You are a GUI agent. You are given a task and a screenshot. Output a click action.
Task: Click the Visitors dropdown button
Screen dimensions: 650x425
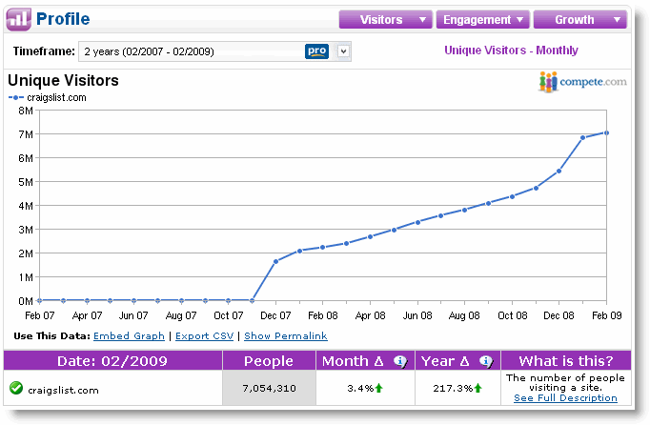coord(386,19)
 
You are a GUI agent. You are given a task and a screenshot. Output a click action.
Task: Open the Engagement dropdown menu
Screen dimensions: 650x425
coord(483,19)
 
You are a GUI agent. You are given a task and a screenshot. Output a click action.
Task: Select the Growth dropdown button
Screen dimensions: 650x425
coord(579,19)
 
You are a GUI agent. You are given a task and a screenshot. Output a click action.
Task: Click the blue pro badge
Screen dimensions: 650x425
coord(316,51)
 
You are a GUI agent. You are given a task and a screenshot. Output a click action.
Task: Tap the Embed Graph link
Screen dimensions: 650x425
coord(129,335)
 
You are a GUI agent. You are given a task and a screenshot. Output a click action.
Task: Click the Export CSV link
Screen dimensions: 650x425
coord(204,335)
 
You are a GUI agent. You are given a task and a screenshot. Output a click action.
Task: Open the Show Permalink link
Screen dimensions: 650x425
coord(286,335)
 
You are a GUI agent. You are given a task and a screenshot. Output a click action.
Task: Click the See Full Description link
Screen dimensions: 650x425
coord(565,398)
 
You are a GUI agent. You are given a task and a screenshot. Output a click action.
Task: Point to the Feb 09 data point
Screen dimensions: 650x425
coord(606,133)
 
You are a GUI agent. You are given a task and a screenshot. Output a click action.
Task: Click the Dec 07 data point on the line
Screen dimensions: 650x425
coord(275,261)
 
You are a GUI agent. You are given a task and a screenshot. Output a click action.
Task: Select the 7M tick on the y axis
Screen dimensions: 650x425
coord(26,134)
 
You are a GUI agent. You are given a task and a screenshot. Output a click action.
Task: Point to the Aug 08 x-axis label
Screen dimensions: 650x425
coord(464,315)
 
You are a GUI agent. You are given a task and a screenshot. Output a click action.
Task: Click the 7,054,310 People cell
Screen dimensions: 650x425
coord(269,388)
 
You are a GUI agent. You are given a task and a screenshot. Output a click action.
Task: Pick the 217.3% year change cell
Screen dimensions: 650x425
coord(457,388)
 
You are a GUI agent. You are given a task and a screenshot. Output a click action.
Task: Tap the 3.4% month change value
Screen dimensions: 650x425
coord(360,388)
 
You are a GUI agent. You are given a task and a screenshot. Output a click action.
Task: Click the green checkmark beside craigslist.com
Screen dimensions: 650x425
coord(16,388)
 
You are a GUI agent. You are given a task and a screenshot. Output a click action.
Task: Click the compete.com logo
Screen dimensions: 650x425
coord(583,82)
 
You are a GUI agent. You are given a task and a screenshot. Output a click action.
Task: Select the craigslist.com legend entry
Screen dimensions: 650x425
coord(48,98)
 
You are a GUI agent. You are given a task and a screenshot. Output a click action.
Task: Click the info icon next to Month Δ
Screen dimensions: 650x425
coord(400,361)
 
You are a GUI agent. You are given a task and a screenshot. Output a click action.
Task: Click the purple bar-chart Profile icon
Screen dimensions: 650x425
coord(19,19)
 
